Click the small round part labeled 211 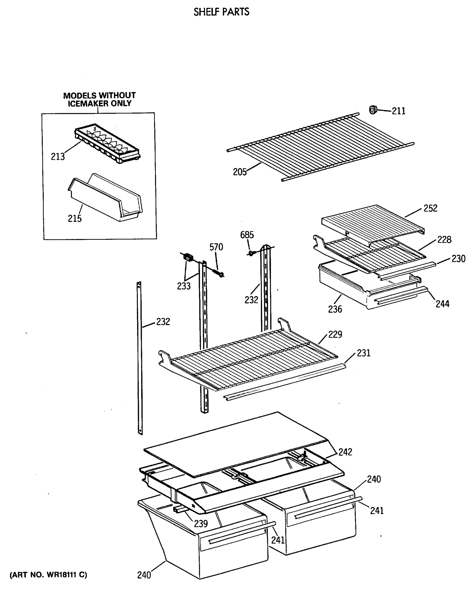pos(373,110)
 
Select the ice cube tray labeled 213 pos(107,143)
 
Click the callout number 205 pos(239,172)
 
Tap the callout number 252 pos(430,208)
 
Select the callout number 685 pos(247,235)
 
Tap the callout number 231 pos(363,353)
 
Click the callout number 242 pos(345,452)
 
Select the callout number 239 pos(201,523)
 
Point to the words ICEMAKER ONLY pos(99,104)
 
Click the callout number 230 pos(458,258)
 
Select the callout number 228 pos(444,240)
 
